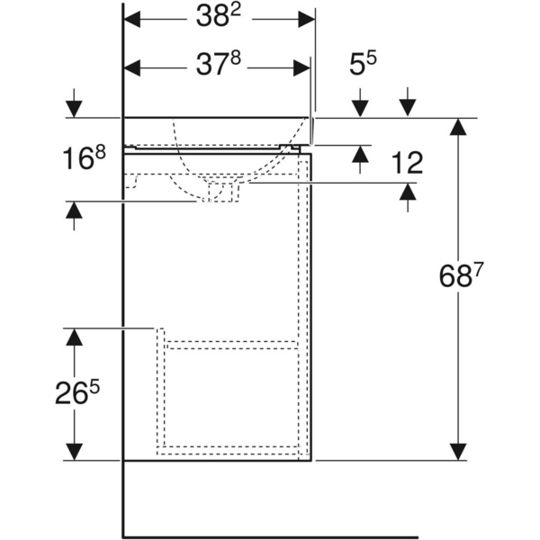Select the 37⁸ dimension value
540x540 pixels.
tap(218, 66)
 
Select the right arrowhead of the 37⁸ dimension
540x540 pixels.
tap(302, 66)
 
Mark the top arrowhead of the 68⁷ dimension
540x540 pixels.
tap(459, 127)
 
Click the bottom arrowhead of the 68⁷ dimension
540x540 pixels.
tap(459, 451)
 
